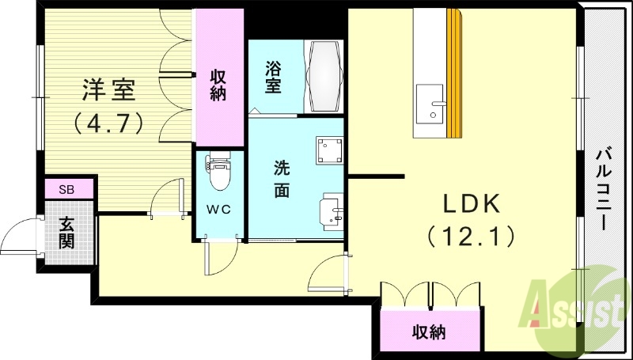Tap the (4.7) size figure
(x=108, y=123)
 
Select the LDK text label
(x=470, y=203)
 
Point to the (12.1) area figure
(x=470, y=235)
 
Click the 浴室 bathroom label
(x=273, y=76)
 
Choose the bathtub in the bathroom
(x=324, y=76)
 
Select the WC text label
(x=219, y=210)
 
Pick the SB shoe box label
(x=66, y=188)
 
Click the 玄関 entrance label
(x=66, y=230)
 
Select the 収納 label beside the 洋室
(x=218, y=85)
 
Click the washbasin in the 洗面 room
(x=330, y=212)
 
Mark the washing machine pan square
(x=328, y=150)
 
